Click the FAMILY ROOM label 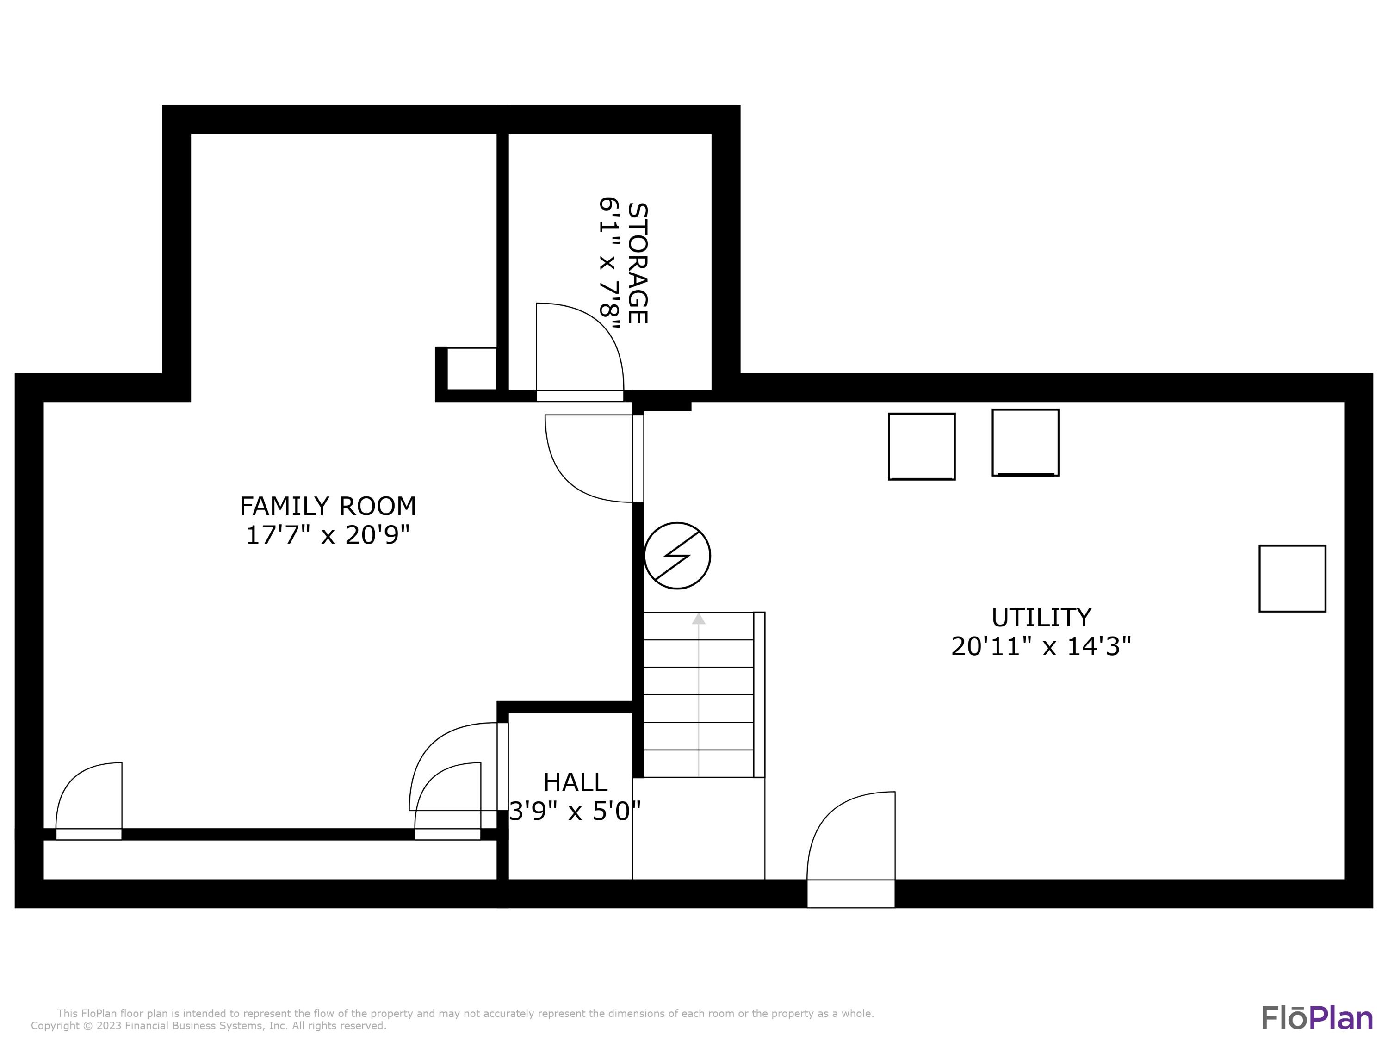pyautogui.click(x=328, y=506)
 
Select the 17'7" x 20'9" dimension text pyautogui.click(x=328, y=535)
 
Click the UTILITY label pyautogui.click(x=1041, y=618)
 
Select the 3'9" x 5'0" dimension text pyautogui.click(x=575, y=812)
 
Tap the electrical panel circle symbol pyautogui.click(x=677, y=555)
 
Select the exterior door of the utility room pyautogui.click(x=850, y=847)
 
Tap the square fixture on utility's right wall pyautogui.click(x=1292, y=578)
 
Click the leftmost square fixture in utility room pyautogui.click(x=921, y=446)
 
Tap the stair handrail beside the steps pyautogui.click(x=759, y=694)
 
